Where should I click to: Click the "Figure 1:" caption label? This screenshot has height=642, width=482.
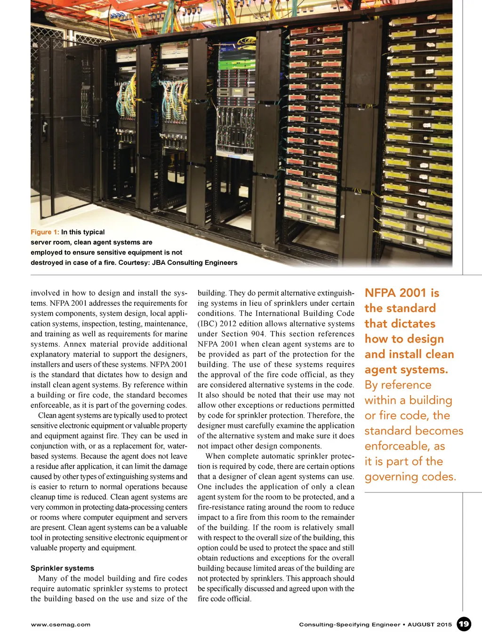[x=45, y=232]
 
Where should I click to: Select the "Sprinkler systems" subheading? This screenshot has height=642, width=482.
[x=62, y=568]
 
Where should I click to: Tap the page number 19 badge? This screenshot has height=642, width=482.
[x=464, y=624]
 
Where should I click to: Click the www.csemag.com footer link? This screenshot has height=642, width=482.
[x=60, y=625]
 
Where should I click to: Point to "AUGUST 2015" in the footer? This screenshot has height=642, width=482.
[x=429, y=625]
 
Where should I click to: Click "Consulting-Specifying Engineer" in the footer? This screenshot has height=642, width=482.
[x=349, y=625]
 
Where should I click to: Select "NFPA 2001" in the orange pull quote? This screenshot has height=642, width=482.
[x=395, y=293]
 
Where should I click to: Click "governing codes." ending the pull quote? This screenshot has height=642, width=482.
[x=410, y=477]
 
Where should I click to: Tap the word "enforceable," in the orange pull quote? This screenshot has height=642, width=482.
[x=397, y=446]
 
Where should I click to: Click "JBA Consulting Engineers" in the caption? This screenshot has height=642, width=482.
[x=194, y=263]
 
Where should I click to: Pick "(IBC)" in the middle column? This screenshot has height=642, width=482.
[x=207, y=324]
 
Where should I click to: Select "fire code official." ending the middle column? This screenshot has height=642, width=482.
[x=225, y=599]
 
